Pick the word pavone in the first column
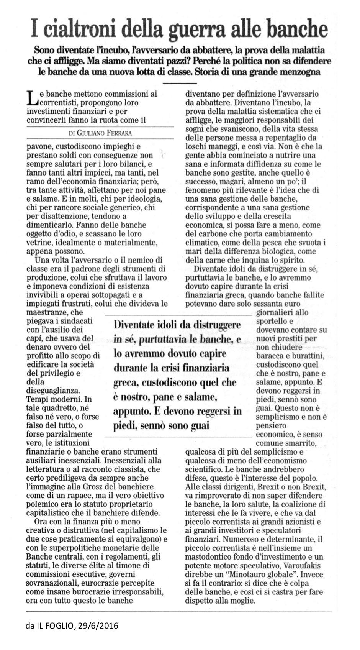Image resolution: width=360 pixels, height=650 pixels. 38,146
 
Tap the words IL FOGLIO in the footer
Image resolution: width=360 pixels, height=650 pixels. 56,626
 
